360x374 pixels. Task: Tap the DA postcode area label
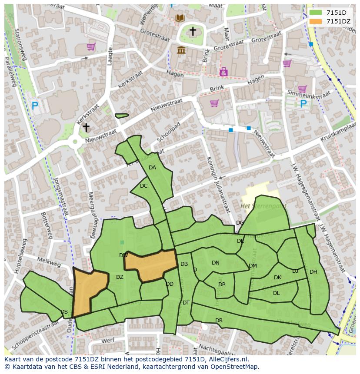tap(152, 168)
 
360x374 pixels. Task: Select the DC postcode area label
tap(144, 186)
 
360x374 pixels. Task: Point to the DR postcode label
tap(219, 321)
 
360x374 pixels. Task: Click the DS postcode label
tap(64, 312)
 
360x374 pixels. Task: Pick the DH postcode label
tap(313, 272)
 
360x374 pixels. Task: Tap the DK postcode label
tap(277, 278)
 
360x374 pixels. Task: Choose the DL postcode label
tap(276, 293)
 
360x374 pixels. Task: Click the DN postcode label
tap(215, 263)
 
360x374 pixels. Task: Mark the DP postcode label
tap(222, 285)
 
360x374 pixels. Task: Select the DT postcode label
tap(186, 303)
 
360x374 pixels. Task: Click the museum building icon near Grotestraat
tap(181, 50)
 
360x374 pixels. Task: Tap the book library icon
tap(180, 18)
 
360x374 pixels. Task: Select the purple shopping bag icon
tap(223, 72)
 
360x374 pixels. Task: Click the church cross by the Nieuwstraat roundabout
tap(86, 128)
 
